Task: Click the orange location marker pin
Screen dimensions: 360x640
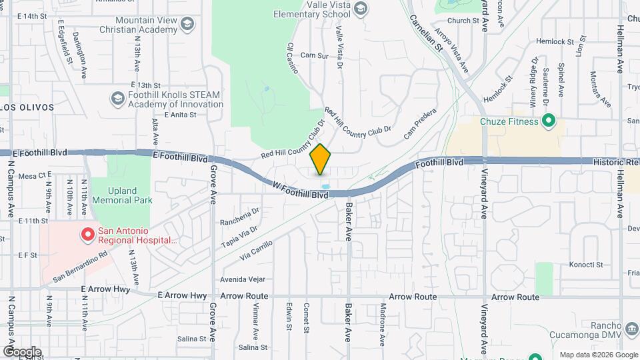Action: tap(321, 159)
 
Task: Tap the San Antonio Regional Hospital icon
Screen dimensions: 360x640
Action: tap(87, 235)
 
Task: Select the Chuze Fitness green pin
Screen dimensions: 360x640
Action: tap(549, 121)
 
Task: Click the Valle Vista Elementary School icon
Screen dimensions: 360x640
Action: tap(361, 9)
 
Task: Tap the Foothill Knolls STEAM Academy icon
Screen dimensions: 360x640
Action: tap(118, 99)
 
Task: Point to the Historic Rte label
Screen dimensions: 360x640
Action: tap(616, 162)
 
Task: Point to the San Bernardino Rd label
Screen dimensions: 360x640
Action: tap(81, 265)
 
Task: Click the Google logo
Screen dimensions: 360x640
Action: tap(22, 351)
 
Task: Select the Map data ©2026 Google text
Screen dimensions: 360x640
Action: tap(598, 354)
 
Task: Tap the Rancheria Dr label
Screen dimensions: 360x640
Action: tap(240, 217)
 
